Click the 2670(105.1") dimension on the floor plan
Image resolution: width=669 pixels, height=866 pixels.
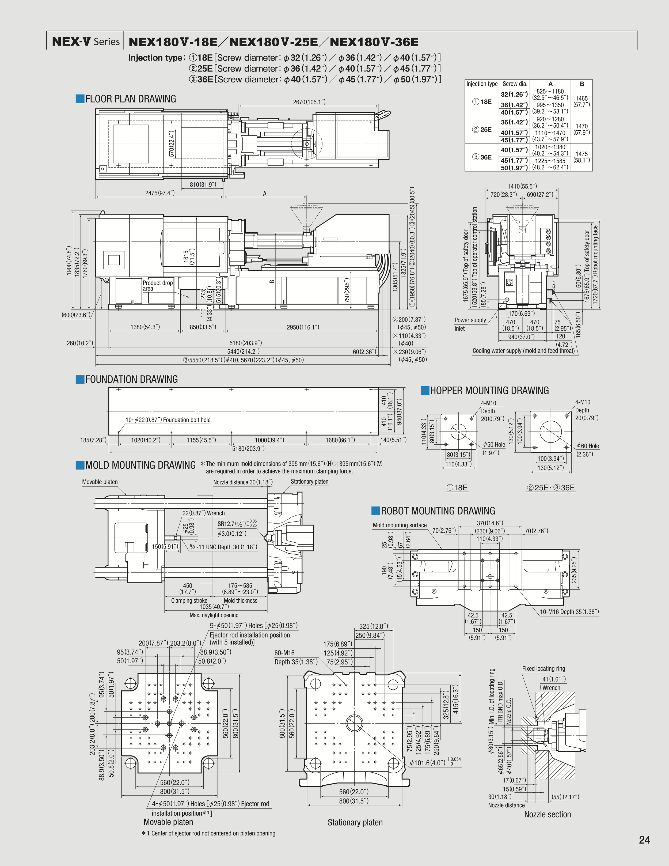tap(309, 102)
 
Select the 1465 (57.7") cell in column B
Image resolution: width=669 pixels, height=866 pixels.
tap(581, 101)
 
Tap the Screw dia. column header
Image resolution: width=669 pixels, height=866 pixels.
tap(514, 84)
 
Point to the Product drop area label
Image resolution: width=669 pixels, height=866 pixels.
tap(157, 285)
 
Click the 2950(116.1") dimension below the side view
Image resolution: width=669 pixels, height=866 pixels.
tap(303, 327)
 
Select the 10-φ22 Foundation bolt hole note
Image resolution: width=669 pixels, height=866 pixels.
tap(168, 420)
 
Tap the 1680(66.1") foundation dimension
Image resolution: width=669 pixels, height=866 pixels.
tap(340, 440)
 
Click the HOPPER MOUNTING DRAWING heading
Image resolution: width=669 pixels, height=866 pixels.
tap(489, 391)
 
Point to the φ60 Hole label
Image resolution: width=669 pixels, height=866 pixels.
tap(587, 446)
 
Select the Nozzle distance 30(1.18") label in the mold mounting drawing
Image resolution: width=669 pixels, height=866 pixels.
tap(242, 482)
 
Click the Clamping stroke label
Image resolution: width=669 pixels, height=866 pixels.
tap(189, 600)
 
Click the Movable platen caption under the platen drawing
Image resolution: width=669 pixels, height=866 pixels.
tap(168, 822)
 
